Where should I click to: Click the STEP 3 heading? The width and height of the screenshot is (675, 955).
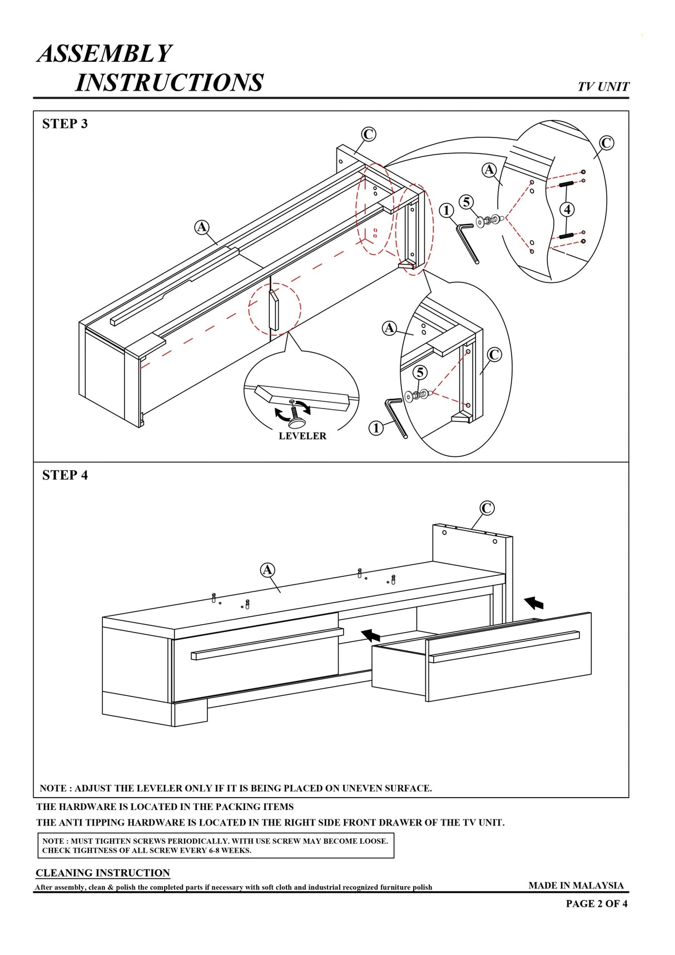click(x=65, y=124)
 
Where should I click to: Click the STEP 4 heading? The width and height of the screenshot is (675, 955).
click(x=65, y=475)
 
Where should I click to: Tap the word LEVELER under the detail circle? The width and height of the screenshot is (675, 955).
click(x=302, y=436)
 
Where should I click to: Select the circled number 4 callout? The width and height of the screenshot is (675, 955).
click(x=567, y=210)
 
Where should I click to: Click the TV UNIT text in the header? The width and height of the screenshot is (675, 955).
click(x=603, y=87)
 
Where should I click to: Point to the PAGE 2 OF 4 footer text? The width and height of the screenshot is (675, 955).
click(x=597, y=903)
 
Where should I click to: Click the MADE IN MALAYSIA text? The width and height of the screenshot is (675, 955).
click(x=576, y=885)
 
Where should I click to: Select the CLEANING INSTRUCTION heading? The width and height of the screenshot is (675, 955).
click(x=103, y=873)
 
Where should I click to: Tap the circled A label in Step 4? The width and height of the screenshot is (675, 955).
click(x=267, y=570)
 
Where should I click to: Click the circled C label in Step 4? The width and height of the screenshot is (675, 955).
click(x=487, y=508)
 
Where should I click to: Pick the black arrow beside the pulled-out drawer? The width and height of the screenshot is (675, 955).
click(x=534, y=603)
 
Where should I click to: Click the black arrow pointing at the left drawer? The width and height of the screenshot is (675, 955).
click(x=371, y=634)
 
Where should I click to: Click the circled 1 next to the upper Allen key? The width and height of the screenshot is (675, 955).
click(x=446, y=211)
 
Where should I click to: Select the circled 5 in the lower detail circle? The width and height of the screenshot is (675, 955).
click(x=420, y=372)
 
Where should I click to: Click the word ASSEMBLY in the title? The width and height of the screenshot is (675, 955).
click(x=105, y=54)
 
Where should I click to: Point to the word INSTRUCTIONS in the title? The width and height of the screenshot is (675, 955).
click(x=169, y=82)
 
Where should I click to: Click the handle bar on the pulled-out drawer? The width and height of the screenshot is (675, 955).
click(x=504, y=646)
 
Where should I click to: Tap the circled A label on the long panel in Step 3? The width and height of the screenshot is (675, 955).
click(x=202, y=227)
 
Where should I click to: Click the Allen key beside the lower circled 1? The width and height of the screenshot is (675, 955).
click(x=397, y=417)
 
